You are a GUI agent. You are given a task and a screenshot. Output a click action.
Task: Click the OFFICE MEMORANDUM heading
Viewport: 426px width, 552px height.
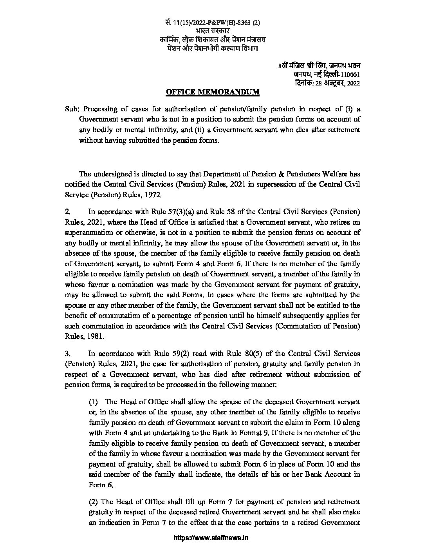(x=213, y=92)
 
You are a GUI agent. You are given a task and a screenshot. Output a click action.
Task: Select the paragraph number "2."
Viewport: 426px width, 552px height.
(x=68, y=212)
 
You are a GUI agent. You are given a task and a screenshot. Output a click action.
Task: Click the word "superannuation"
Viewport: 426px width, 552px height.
(x=89, y=232)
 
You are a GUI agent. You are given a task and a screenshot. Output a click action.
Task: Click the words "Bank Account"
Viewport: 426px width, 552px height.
(x=327, y=474)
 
